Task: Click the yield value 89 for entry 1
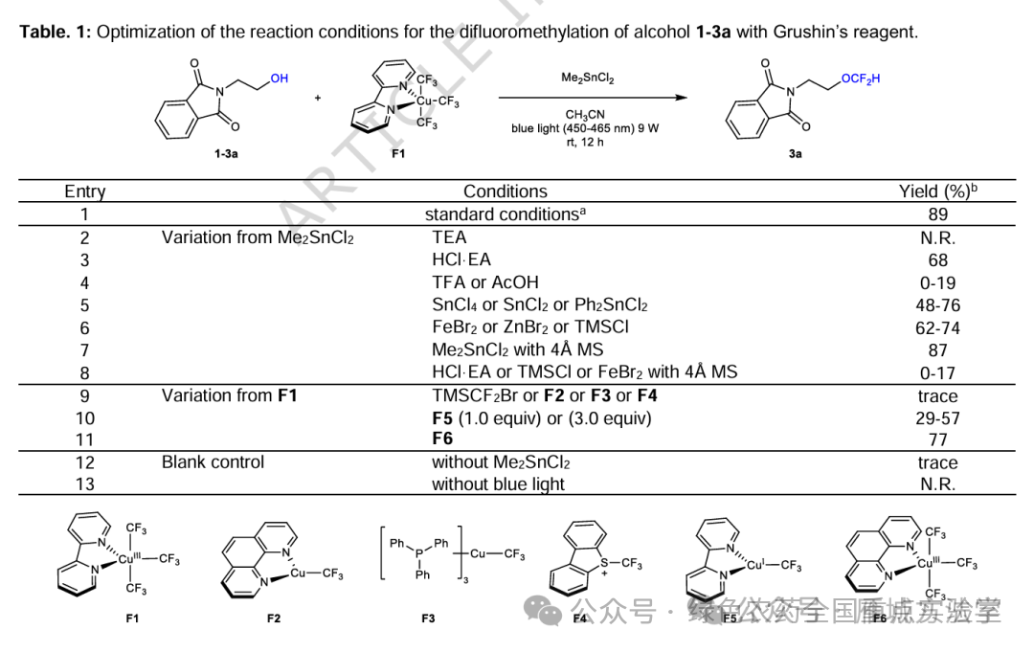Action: tap(937, 214)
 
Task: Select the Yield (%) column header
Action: tap(937, 191)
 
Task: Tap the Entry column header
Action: tap(85, 191)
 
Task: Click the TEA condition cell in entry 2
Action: tap(449, 237)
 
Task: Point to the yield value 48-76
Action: tap(937, 305)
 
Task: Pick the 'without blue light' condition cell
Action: tap(498, 484)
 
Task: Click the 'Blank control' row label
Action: tap(213, 462)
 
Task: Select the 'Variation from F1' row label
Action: tap(229, 395)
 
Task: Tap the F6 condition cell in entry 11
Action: tap(443, 439)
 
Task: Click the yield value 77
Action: tap(937, 439)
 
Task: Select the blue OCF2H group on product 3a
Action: tap(860, 79)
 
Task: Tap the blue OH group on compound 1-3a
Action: tap(279, 79)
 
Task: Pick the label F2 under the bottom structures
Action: tap(274, 618)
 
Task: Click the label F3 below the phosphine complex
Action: tap(428, 618)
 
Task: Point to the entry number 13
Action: tap(85, 484)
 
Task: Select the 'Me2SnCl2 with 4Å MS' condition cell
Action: tap(518, 350)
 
